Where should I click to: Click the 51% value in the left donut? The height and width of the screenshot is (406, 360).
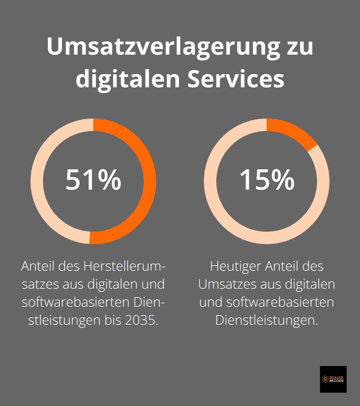click(93, 180)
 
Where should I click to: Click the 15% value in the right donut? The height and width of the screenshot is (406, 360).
click(267, 180)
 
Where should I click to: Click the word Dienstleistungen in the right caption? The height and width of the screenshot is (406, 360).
click(267, 320)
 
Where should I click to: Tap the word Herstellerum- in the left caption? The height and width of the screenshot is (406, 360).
click(124, 266)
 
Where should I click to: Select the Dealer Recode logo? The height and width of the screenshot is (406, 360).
click(333, 379)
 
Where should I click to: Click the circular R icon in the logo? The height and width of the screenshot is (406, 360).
click(325, 379)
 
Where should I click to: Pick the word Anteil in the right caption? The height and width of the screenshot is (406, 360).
click(282, 266)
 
